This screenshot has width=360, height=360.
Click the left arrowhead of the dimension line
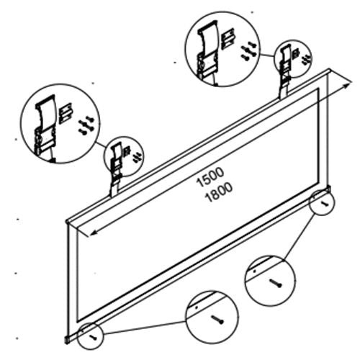[78, 233]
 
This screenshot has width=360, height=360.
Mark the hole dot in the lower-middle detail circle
[196, 308]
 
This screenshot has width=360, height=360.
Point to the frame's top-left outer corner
[67, 219]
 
